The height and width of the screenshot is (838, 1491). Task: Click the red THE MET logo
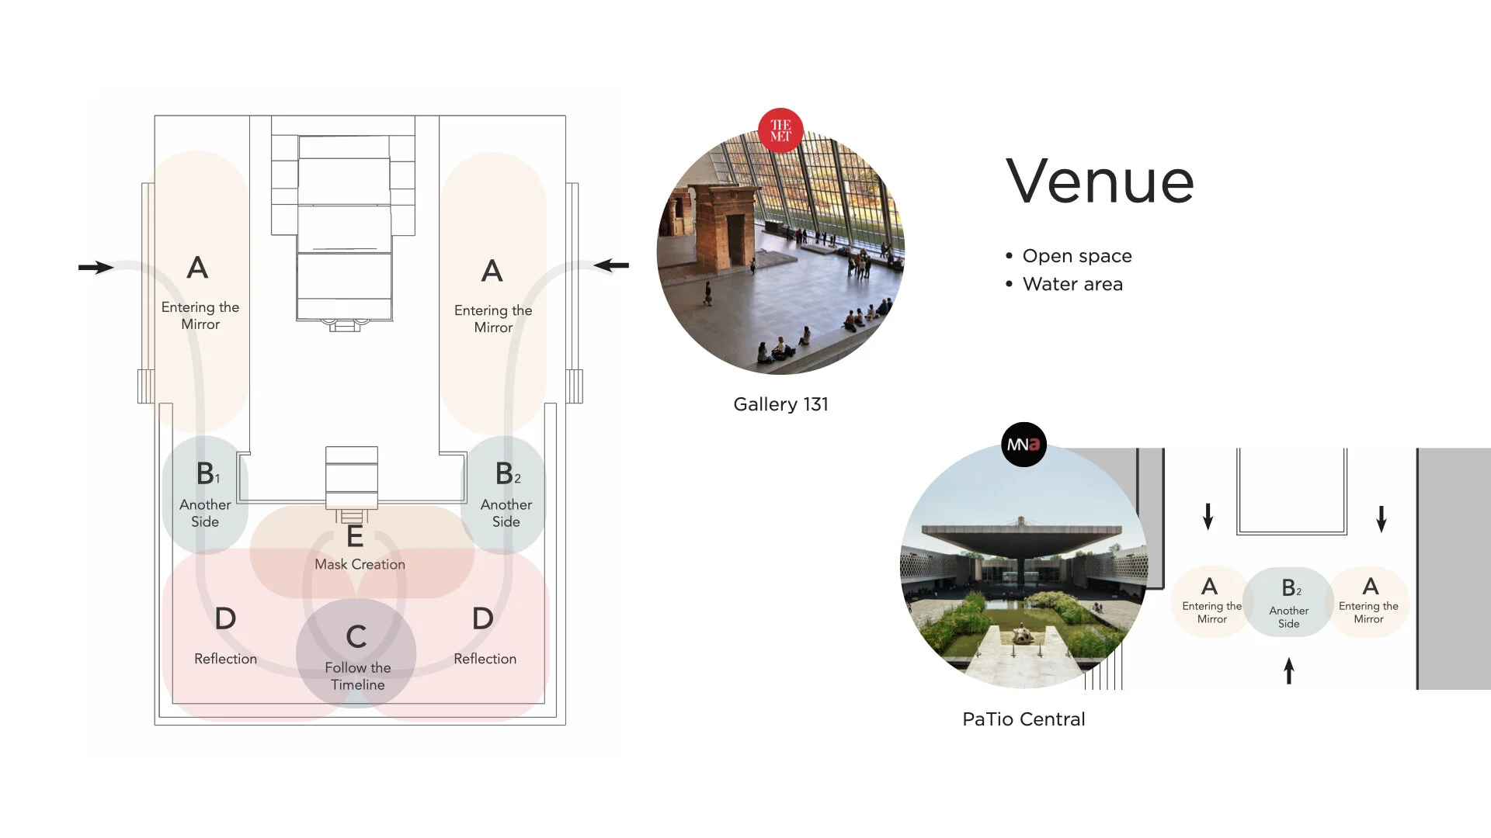point(780,130)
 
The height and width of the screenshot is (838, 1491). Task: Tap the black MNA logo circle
point(1024,445)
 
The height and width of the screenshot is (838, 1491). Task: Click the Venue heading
point(1100,182)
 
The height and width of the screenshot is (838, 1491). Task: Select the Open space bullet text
point(1076,256)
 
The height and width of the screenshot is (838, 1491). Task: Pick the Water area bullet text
point(1072,284)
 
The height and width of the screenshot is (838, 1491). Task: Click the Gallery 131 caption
point(780,404)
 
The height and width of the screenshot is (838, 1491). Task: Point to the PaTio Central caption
point(1024,719)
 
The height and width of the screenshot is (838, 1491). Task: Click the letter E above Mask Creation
point(355,536)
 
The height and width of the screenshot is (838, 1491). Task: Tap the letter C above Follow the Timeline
point(356,637)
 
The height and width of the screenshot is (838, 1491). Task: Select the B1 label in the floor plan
point(207,473)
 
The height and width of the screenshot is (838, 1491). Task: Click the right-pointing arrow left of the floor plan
point(96,268)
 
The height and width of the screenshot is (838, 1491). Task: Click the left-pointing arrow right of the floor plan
point(612,265)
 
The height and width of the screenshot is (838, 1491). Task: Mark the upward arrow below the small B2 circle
point(1289,671)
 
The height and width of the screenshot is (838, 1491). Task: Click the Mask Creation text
point(360,564)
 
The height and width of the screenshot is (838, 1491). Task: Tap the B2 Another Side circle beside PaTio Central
point(1289,603)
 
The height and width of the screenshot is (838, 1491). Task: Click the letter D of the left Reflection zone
point(225,619)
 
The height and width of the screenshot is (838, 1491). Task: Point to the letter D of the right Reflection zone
point(483,619)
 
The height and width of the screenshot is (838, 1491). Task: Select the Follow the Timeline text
point(357,676)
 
